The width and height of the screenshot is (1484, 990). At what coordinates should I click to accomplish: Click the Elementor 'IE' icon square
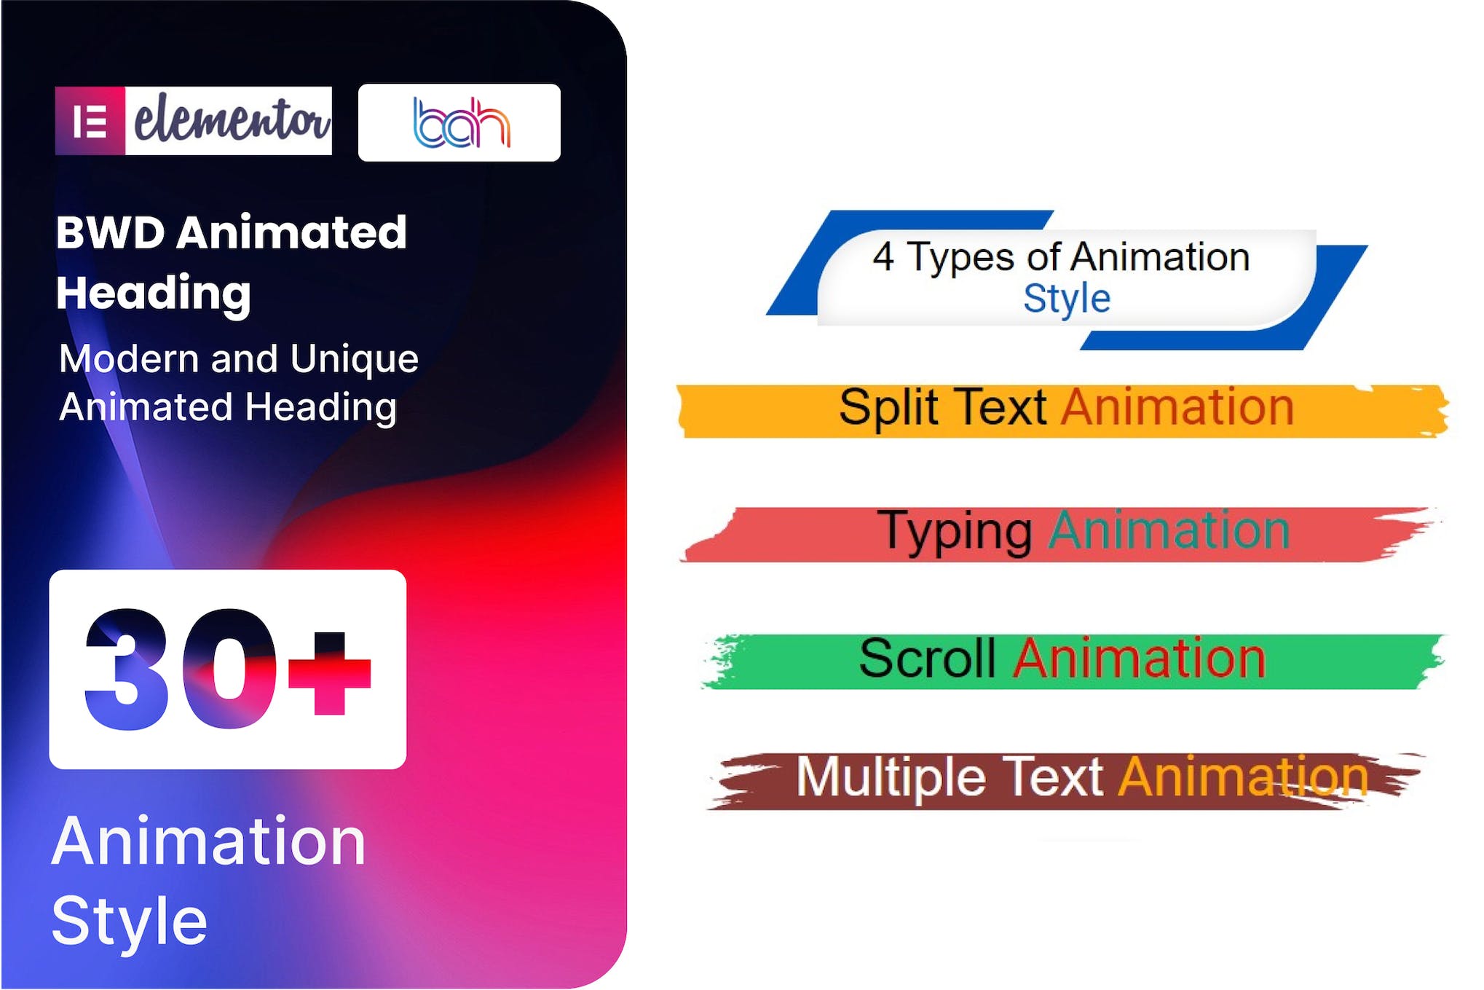click(x=90, y=121)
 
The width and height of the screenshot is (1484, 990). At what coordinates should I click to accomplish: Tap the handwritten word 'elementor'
click(x=230, y=119)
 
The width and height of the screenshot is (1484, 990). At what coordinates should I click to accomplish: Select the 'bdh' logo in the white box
click(x=460, y=122)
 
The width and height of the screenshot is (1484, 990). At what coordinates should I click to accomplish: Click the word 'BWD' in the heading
click(x=110, y=233)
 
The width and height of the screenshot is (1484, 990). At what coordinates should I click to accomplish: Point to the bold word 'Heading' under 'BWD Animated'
click(x=154, y=293)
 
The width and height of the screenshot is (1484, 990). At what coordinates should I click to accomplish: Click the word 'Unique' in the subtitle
click(x=354, y=359)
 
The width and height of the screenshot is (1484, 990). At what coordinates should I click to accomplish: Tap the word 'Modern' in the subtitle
click(x=129, y=359)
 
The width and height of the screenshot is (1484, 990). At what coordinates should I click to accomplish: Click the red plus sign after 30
click(x=330, y=672)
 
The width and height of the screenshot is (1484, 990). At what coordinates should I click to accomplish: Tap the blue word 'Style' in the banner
click(x=1067, y=299)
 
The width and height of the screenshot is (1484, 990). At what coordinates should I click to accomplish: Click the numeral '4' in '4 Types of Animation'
click(x=883, y=257)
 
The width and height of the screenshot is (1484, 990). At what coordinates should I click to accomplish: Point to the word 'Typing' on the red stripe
click(x=955, y=532)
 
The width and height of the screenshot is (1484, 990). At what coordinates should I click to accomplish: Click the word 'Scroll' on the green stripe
click(x=927, y=659)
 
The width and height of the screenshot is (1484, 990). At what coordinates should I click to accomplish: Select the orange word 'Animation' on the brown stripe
click(x=1243, y=777)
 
